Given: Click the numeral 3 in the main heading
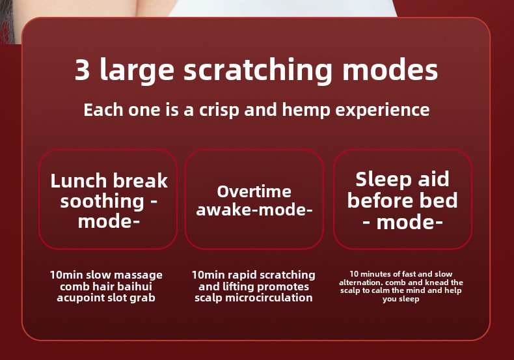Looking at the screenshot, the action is pyautogui.click(x=82, y=70).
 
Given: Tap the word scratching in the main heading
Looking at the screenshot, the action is pyautogui.click(x=258, y=71).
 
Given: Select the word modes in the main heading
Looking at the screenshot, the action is pyautogui.click(x=390, y=70).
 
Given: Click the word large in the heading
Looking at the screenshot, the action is pyautogui.click(x=137, y=71).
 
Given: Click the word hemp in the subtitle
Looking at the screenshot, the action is pyautogui.click(x=306, y=110).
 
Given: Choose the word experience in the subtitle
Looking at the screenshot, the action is pyautogui.click(x=382, y=110).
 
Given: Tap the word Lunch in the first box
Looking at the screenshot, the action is pyautogui.click(x=78, y=181).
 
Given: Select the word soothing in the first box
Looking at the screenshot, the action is pyautogui.click(x=102, y=202).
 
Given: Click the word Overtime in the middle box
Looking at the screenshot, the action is pyautogui.click(x=254, y=191).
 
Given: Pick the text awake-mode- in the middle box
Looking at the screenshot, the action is pyautogui.click(x=254, y=210).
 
